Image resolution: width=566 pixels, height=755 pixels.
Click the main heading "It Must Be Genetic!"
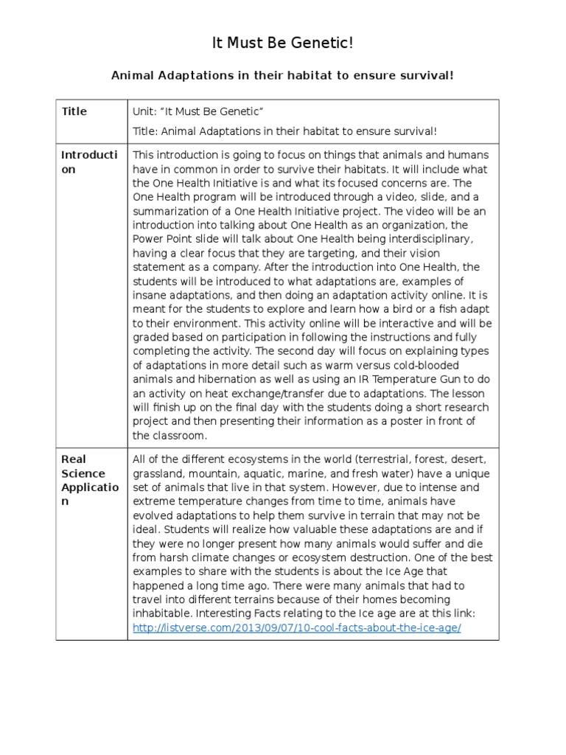[283, 44]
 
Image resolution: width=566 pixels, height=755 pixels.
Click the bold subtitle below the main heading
[283, 75]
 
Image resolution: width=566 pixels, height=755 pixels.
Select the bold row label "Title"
[74, 111]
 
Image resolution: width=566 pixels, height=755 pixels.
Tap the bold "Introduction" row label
[88, 161]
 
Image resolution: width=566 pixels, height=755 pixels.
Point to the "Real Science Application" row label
[83, 480]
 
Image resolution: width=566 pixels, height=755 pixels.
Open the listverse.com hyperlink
[297, 627]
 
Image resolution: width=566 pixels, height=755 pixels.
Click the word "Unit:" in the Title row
[144, 111]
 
